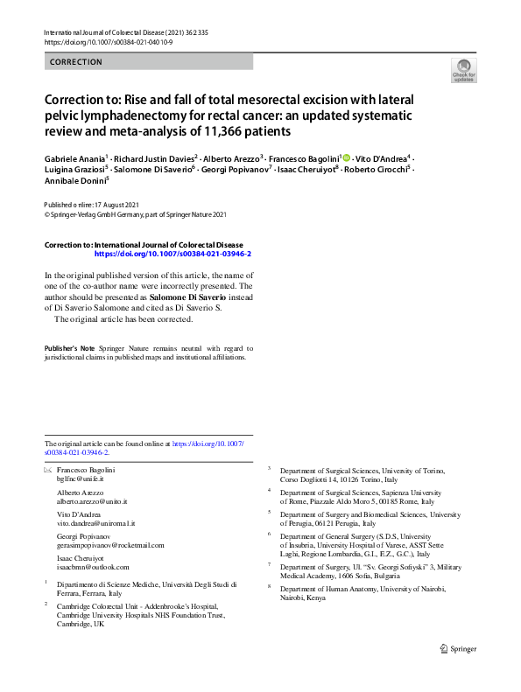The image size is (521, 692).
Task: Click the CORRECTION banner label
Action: [76, 62]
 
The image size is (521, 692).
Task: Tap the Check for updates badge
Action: [463, 72]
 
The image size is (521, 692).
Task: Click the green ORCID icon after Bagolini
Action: [346, 157]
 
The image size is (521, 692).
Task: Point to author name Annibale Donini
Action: [76, 182]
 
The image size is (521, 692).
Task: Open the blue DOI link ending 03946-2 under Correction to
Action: [172, 253]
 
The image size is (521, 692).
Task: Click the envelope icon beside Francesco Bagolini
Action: [48, 471]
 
